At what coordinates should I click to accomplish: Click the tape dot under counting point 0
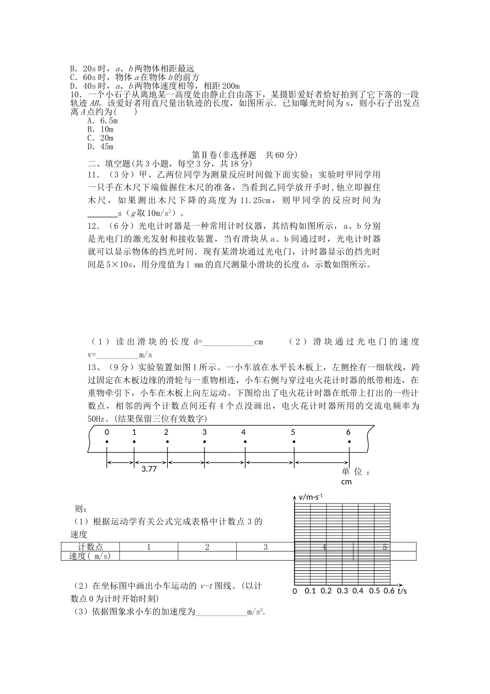(107, 441)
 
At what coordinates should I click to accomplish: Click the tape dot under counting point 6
(349, 441)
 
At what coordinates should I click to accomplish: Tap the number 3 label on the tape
(204, 432)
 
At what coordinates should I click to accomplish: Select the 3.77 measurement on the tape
(149, 468)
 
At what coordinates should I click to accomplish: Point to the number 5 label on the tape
(293, 432)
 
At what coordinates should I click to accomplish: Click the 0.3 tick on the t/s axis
(342, 591)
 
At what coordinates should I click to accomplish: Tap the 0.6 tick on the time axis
(389, 591)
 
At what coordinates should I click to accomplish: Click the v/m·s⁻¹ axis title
(311, 497)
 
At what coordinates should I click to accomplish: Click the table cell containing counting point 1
(149, 547)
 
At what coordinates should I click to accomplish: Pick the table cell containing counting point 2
(207, 547)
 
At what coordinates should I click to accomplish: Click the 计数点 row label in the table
(90, 547)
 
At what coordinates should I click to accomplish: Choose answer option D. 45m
(100, 147)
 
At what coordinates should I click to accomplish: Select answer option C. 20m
(100, 138)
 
